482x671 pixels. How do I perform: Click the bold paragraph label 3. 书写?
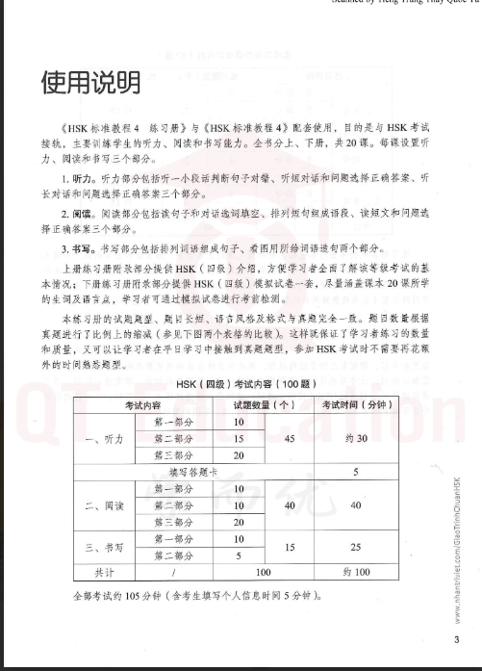pyautogui.click(x=66, y=245)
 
